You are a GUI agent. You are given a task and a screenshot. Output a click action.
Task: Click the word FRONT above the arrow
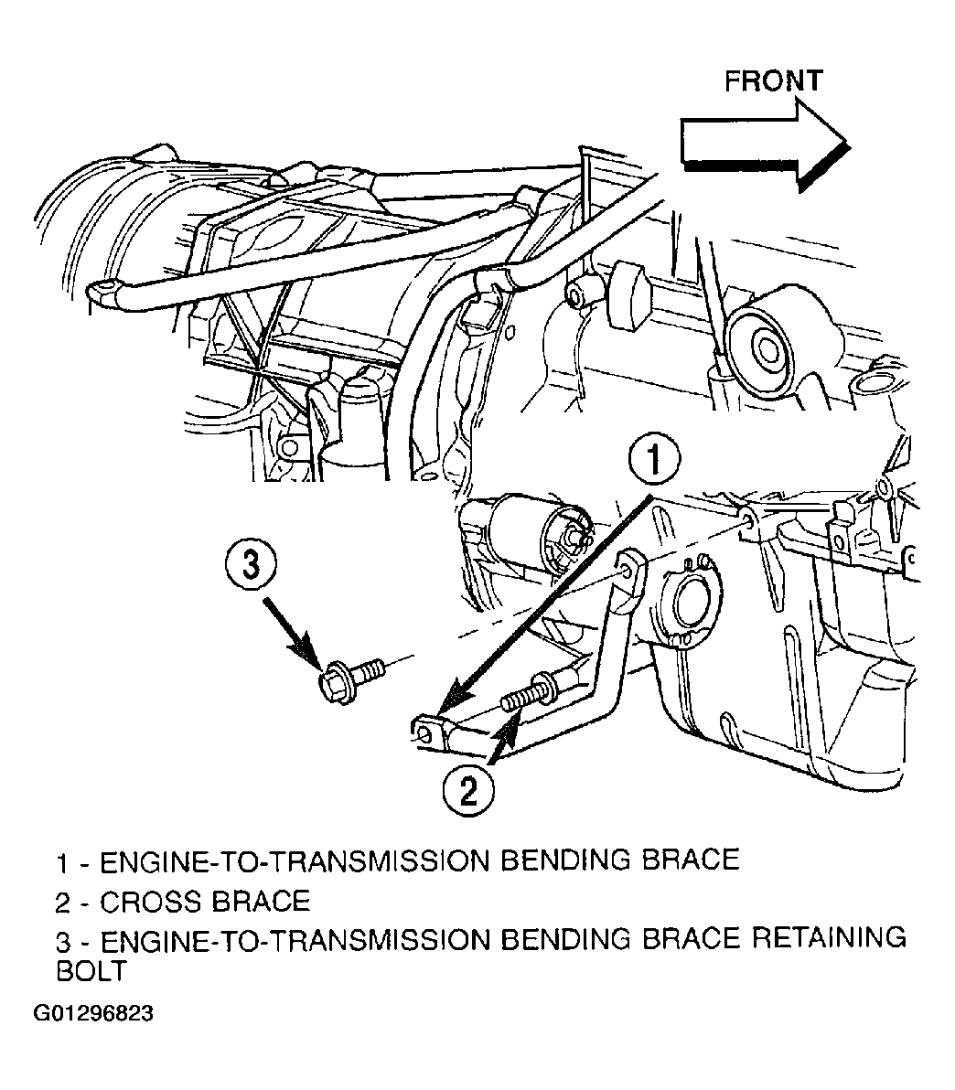tap(773, 81)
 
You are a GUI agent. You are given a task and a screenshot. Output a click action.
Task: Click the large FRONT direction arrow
tap(765, 145)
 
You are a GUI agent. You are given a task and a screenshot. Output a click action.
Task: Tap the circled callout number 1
tap(654, 459)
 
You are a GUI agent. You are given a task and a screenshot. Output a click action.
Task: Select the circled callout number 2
tap(468, 790)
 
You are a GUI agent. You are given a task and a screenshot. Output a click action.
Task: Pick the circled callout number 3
tap(251, 564)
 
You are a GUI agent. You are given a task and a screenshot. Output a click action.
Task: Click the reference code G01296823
tap(93, 1013)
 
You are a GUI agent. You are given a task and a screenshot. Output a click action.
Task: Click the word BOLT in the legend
tap(91, 971)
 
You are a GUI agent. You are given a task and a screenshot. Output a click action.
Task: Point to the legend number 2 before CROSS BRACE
tap(63, 903)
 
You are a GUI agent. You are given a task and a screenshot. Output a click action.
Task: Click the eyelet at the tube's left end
tap(102, 289)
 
